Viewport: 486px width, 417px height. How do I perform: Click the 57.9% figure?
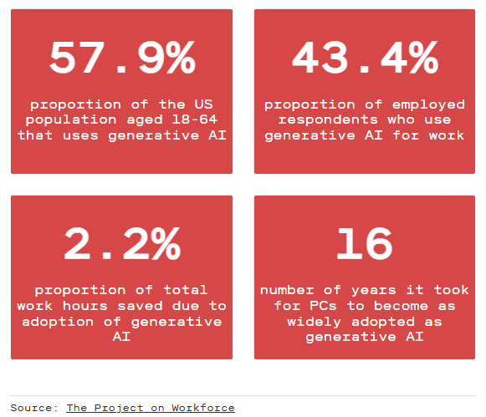tap(122, 58)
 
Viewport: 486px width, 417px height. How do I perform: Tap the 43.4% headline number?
tap(365, 58)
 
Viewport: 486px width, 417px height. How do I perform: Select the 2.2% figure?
tap(122, 244)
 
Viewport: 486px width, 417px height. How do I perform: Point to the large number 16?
tap(365, 244)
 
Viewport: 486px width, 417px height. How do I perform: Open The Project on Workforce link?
tap(151, 408)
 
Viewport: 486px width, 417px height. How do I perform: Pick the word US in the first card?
tap(203, 104)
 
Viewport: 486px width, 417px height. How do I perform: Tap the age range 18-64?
tap(194, 120)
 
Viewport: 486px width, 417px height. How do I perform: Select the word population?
tap(71, 120)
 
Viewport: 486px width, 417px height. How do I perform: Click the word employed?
tap(428, 105)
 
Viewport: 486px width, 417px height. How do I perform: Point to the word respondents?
tap(328, 120)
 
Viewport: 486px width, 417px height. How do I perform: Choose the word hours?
tap(85, 306)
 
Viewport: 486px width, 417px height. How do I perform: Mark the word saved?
tap(140, 306)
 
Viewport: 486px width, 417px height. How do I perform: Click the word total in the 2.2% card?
tap(186, 290)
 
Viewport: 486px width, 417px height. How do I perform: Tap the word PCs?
tap(323, 306)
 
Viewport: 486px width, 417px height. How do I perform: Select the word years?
tap(373, 291)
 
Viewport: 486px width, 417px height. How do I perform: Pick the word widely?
tap(314, 323)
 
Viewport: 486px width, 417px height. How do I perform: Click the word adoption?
tap(58, 323)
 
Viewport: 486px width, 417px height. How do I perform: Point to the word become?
tap(401, 306)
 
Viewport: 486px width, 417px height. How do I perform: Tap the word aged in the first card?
tap(145, 120)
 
